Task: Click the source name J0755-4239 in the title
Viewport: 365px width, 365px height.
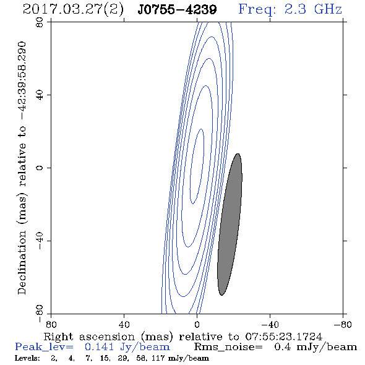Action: [x=177, y=10]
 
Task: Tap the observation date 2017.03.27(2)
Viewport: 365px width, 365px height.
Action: [x=73, y=10]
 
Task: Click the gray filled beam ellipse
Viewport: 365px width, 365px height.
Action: [x=230, y=225]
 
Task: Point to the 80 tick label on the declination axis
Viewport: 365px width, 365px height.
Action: [x=40, y=22]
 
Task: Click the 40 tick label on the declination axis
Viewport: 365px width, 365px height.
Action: [x=40, y=95]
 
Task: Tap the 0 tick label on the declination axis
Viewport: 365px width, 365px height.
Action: [x=40, y=168]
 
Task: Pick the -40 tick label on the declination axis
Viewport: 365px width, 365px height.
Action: [x=40, y=241]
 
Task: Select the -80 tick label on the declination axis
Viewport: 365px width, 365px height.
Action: [x=40, y=314]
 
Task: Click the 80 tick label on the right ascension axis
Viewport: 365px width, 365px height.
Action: [x=51, y=324]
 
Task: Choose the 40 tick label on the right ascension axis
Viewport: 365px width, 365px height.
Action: [x=124, y=324]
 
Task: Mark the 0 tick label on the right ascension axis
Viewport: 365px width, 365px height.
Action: [x=197, y=324]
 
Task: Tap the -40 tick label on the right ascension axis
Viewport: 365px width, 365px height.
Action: [x=270, y=324]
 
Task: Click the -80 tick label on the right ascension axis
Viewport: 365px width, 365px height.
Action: [x=343, y=324]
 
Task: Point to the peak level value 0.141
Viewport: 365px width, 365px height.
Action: [x=99, y=347]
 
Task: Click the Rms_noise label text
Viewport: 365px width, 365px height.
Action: [x=228, y=347]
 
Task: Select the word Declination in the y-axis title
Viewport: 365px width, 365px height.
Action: [x=22, y=262]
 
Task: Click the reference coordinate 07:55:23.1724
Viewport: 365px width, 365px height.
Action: [x=284, y=337]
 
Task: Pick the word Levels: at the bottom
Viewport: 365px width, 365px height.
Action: [x=27, y=358]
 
